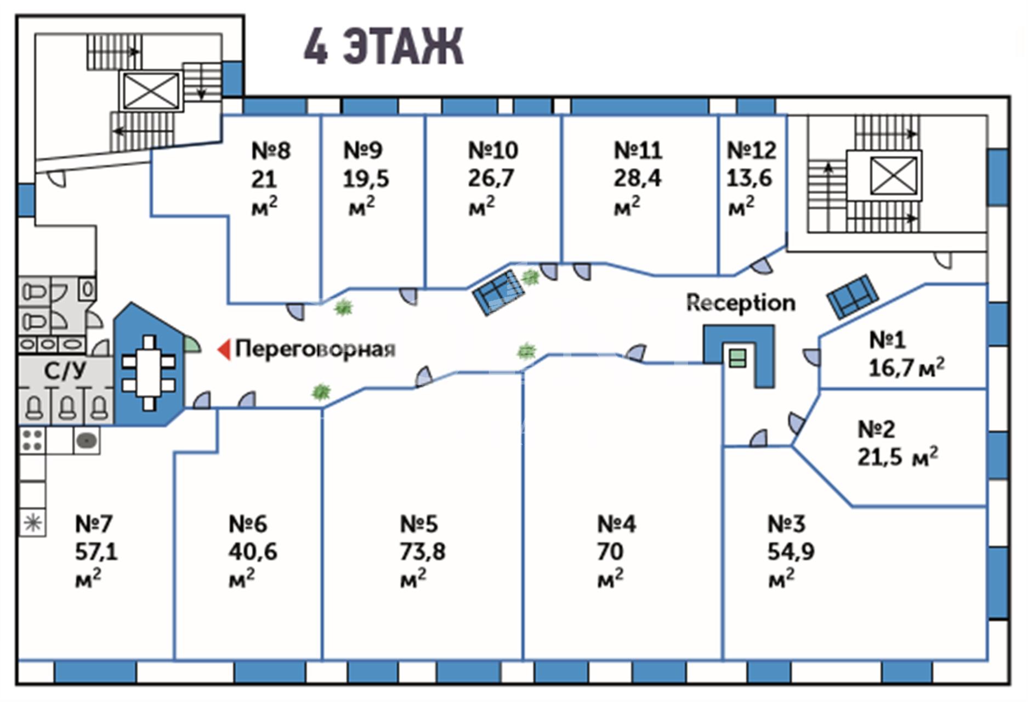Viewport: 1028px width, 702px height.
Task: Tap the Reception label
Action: (x=741, y=303)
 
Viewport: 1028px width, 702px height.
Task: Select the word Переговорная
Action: (x=315, y=349)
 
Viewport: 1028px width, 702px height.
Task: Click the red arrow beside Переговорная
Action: (x=224, y=349)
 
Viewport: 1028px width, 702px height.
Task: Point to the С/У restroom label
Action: (x=65, y=371)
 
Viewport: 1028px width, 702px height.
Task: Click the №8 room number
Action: (x=271, y=150)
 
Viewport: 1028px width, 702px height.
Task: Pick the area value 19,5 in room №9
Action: (x=366, y=179)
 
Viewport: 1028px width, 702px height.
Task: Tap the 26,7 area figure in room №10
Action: (x=491, y=178)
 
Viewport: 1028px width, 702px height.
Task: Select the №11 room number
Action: (x=638, y=150)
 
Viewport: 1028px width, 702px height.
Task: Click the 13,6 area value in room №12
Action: (x=749, y=178)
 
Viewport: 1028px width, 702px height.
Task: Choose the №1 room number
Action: (x=888, y=340)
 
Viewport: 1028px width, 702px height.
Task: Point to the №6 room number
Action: (x=248, y=524)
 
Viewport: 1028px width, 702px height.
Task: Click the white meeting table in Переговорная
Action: (x=149, y=373)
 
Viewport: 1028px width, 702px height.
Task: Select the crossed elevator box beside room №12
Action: (x=894, y=175)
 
